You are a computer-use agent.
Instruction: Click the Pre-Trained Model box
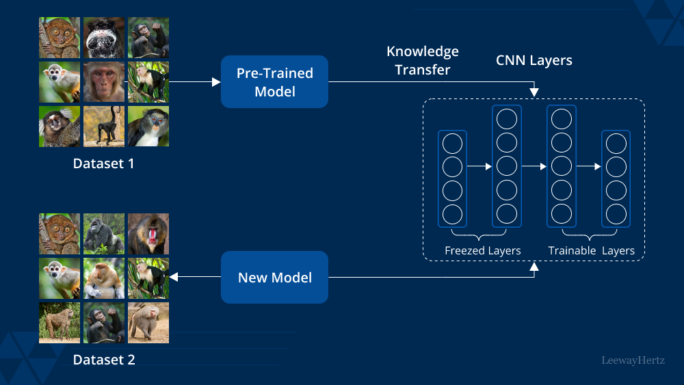274,81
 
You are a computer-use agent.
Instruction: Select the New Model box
274,277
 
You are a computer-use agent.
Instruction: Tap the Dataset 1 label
104,164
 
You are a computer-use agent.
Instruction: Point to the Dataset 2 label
104,360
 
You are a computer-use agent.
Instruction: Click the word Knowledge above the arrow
423,52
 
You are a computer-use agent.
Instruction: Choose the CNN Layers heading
534,61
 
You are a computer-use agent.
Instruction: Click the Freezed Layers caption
482,251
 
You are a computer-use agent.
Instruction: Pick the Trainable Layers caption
591,251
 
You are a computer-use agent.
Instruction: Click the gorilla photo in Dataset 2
104,234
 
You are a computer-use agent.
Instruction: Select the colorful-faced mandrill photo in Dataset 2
148,234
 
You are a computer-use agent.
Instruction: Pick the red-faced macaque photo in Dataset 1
104,82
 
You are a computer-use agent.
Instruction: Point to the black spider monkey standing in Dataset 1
104,127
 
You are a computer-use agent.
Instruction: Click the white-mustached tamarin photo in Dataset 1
104,38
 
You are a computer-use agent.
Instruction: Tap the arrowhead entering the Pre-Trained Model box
216,82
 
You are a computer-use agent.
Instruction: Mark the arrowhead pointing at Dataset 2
173,277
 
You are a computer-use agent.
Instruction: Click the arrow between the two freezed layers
479,166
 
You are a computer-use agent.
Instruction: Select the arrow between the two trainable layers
588,166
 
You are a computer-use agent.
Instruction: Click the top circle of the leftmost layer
452,144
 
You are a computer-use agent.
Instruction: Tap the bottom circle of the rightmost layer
616,213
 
